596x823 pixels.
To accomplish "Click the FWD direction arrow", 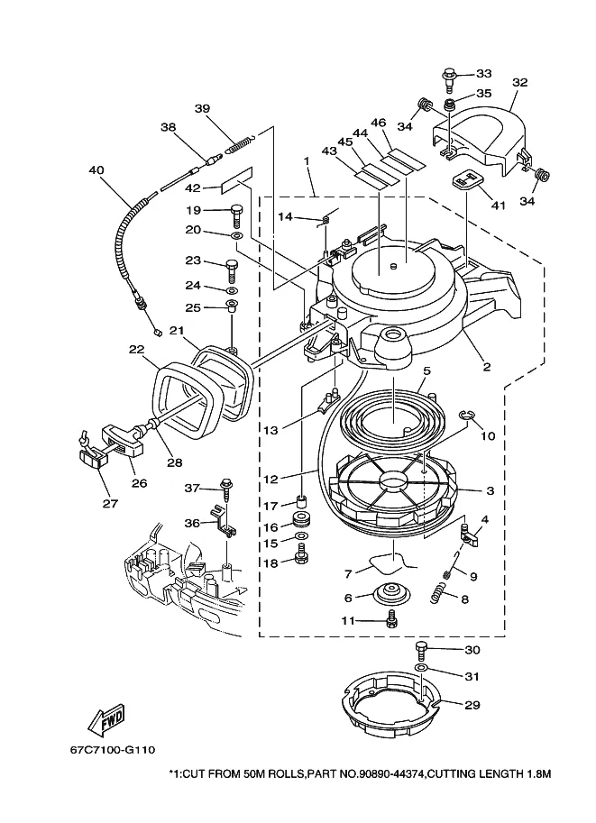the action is pos(106,718).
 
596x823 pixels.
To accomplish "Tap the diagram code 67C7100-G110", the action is pos(113,749).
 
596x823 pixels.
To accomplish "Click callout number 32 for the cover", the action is pos(520,82).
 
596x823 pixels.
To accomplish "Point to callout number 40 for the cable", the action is pos(96,170).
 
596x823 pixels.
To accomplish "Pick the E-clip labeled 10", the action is pos(466,416).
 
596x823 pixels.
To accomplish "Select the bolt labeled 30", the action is pos(422,651).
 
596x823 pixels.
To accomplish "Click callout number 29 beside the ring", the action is pos(472,704).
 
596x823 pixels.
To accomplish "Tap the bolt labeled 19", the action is pos(236,215).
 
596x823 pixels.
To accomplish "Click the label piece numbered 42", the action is pos(237,180).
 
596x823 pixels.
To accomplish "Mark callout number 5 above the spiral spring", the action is pos(426,371).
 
